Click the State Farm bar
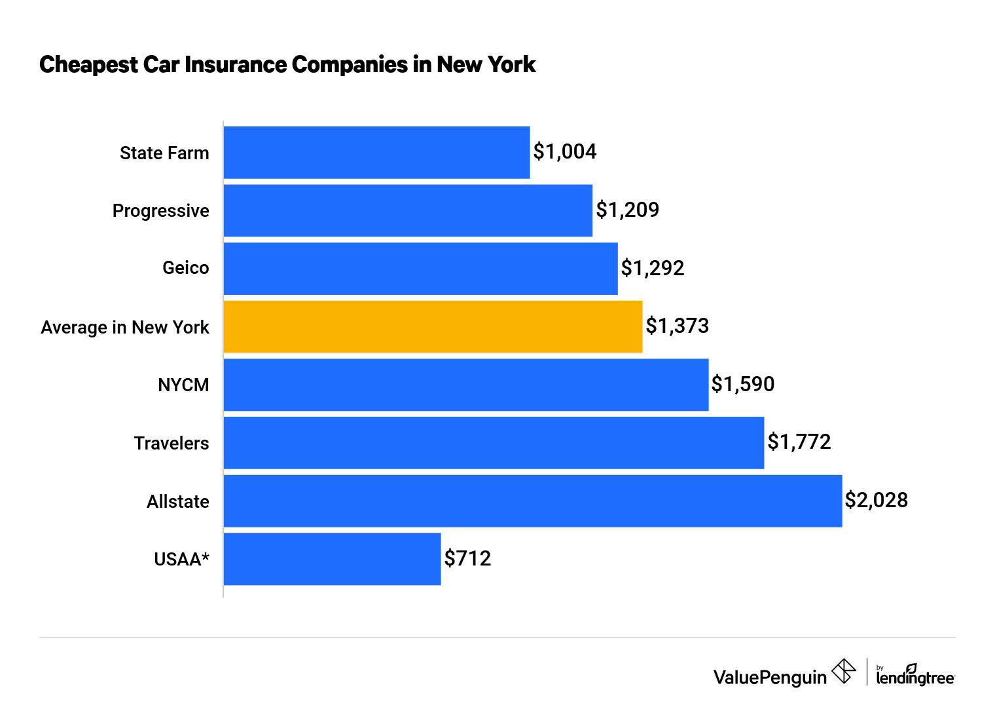[376, 152]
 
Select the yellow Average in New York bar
[433, 326]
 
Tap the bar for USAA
[332, 559]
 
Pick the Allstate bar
[532, 501]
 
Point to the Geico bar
[420, 269]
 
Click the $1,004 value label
[565, 152]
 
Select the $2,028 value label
[876, 501]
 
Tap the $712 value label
[467, 558]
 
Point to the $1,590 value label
[743, 384]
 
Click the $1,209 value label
[627, 210]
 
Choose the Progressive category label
[161, 211]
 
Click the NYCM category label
[183, 385]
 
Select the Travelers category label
[172, 444]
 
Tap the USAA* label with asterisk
[181, 560]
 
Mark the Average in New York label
[125, 327]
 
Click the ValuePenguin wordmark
[770, 677]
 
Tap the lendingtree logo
[915, 676]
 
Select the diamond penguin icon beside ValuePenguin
[843, 672]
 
